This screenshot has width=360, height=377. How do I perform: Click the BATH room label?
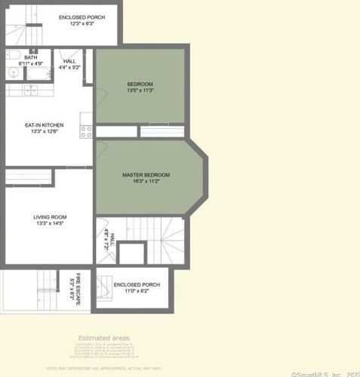(x=31, y=57)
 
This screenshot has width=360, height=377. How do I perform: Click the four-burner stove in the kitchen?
(x=86, y=130)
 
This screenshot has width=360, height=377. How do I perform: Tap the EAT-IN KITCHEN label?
(x=44, y=125)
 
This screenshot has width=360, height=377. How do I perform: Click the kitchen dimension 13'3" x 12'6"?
(x=44, y=132)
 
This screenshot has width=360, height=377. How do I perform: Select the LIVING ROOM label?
(x=50, y=217)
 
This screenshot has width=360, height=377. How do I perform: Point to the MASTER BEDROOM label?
(x=146, y=175)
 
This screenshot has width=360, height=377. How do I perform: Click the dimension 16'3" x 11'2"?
(x=146, y=182)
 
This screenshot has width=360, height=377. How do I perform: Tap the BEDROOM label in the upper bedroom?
(x=140, y=84)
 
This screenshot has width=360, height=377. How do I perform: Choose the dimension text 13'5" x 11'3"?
(x=140, y=90)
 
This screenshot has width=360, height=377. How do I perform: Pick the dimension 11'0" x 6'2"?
(x=131, y=291)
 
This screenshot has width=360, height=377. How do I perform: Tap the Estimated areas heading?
(x=104, y=338)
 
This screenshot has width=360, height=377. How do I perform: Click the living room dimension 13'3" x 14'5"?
(x=50, y=224)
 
